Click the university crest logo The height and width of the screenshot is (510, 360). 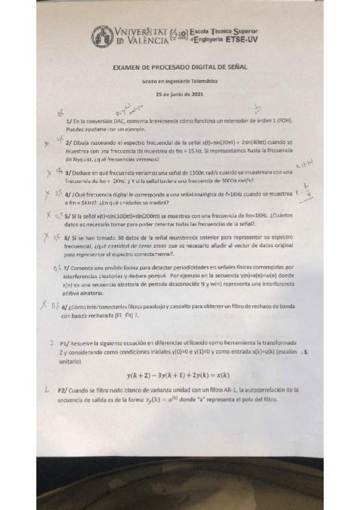click(102, 37)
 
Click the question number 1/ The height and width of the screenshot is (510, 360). click(69, 121)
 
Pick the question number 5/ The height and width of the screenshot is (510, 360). click(67, 215)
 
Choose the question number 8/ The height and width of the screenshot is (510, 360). click(64, 306)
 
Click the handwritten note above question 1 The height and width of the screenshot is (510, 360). click(125, 108)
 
